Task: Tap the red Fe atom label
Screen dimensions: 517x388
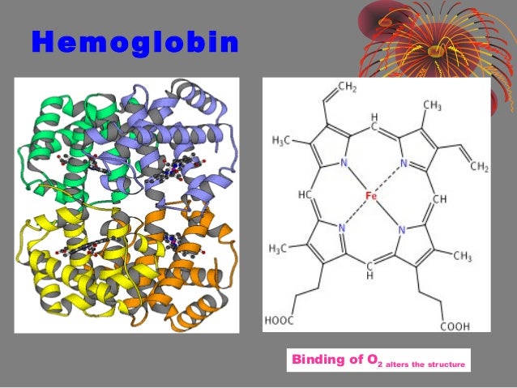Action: [372, 196]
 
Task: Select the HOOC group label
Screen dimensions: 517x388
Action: [280, 320]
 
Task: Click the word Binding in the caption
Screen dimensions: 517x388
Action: [318, 359]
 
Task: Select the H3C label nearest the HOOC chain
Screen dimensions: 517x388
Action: [279, 247]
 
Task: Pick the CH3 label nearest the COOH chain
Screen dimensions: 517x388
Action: [462, 257]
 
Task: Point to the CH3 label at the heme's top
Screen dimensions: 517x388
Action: [432, 105]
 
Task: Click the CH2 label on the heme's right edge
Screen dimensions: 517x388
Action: [477, 167]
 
